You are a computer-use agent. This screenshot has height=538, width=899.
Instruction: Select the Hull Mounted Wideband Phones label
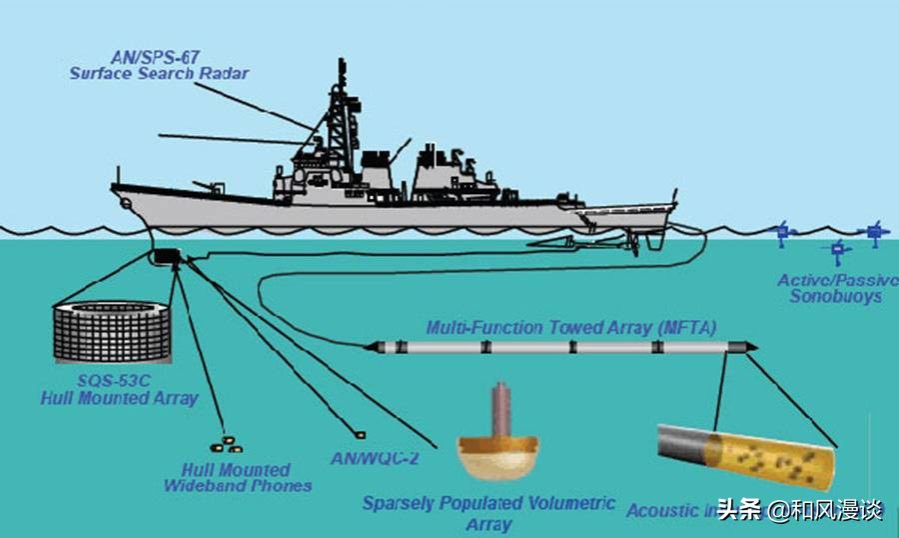[x=237, y=477]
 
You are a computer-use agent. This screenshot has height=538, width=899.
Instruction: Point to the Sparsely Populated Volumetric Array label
[x=488, y=513]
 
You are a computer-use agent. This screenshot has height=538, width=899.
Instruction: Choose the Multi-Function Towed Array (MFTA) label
[x=570, y=327]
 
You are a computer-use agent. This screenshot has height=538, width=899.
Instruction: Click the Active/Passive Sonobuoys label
[x=837, y=288]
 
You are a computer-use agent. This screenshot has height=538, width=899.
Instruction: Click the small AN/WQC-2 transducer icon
[x=360, y=435]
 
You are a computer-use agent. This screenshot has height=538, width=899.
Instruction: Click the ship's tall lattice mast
[x=339, y=120]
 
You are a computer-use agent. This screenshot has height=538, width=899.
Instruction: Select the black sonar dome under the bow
[x=164, y=258]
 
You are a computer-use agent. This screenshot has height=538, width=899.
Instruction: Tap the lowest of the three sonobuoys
[x=837, y=250]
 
